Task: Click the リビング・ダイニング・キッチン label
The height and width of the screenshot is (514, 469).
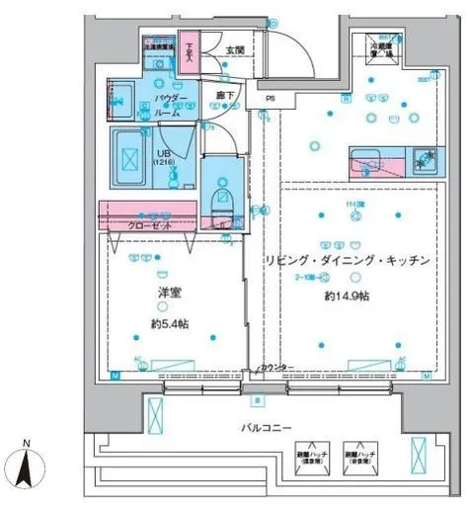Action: (x=346, y=261)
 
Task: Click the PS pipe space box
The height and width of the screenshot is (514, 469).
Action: (x=269, y=99)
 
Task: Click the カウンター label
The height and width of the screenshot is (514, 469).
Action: (x=276, y=368)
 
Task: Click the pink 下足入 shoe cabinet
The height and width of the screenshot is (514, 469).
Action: (x=188, y=53)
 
